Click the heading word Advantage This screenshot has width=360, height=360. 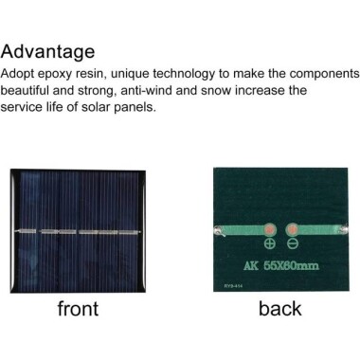pyautogui.click(x=48, y=52)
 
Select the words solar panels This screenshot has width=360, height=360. pyautogui.click(x=124, y=108)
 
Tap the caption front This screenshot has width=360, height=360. pyautogui.click(x=79, y=308)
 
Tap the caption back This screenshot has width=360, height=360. pyautogui.click(x=279, y=308)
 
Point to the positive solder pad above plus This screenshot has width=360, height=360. pyautogui.click(x=268, y=230)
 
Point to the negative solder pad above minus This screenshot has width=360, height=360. pyautogui.click(x=292, y=230)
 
